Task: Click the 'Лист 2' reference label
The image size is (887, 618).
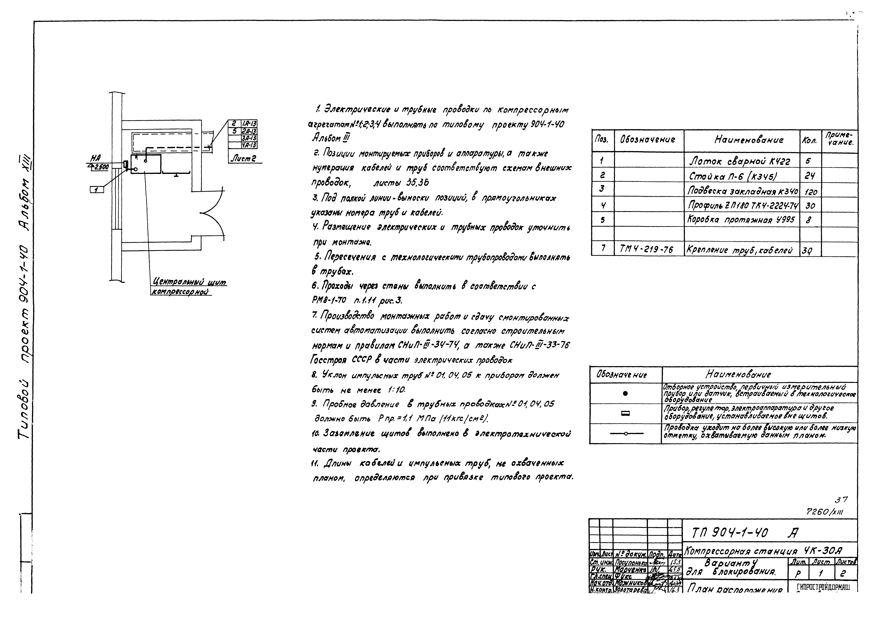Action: coord(243,158)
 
